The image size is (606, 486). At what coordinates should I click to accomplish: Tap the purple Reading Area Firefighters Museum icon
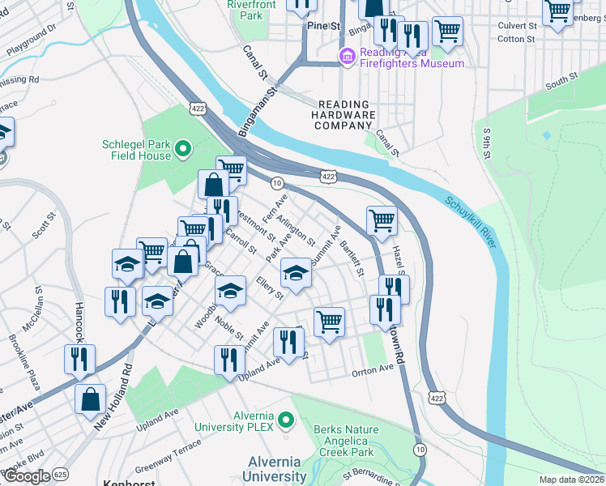click(x=348, y=56)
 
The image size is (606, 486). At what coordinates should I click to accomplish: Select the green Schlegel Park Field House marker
click(x=184, y=147)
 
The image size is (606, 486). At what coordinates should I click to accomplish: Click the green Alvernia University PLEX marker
click(x=284, y=420)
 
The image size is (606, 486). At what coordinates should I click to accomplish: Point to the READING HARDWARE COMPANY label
click(x=344, y=115)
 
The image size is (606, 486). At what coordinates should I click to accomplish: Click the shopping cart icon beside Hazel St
click(x=381, y=220)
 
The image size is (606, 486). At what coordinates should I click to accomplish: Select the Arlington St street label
click(x=295, y=230)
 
